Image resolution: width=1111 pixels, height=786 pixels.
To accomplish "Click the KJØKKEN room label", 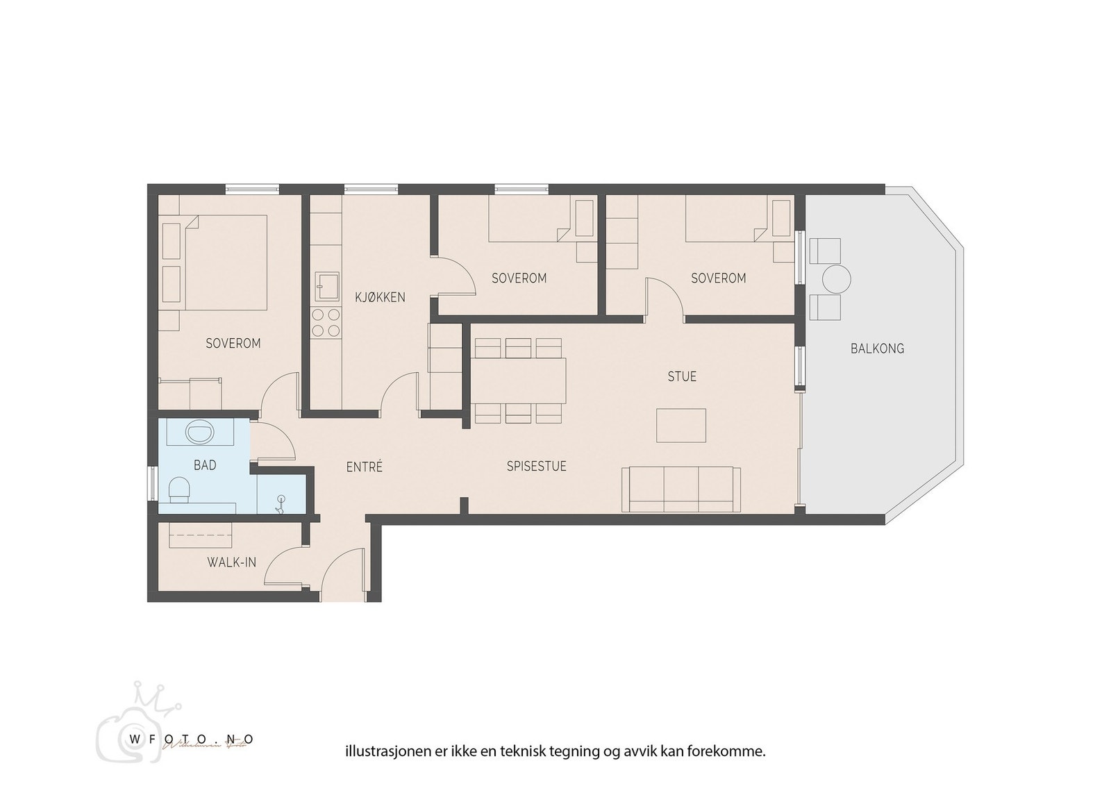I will coord(380,297).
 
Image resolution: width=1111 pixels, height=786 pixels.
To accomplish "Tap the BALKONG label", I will coord(877,349).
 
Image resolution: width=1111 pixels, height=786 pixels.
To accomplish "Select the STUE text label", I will coord(681,376).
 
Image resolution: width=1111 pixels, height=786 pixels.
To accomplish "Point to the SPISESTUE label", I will coord(536,467).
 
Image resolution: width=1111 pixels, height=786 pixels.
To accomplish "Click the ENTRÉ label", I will coord(365,467).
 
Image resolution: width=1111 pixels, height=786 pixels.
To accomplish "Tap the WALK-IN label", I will coord(231,562).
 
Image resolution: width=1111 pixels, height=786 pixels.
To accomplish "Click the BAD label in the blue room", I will coord(205,465).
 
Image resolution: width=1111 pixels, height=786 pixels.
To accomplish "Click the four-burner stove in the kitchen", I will coord(326,323).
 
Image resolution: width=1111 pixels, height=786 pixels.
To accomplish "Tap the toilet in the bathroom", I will coord(180,490).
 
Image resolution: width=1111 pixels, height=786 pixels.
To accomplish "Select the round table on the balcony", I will coord(836,280).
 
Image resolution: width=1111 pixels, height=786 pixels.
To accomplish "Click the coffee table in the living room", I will coord(681,425).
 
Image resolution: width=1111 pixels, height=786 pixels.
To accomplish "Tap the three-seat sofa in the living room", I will coord(680,489).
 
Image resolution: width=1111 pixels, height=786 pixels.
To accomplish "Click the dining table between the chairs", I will coord(519,381).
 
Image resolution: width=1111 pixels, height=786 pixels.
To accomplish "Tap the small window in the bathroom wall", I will coord(153,483).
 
